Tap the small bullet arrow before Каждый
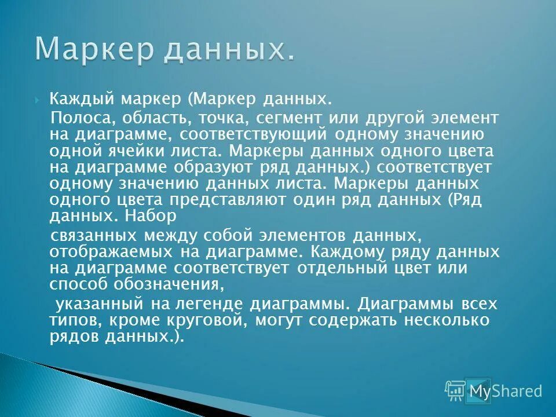coord(37,99)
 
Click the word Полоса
coord(85,118)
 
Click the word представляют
coord(249,201)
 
